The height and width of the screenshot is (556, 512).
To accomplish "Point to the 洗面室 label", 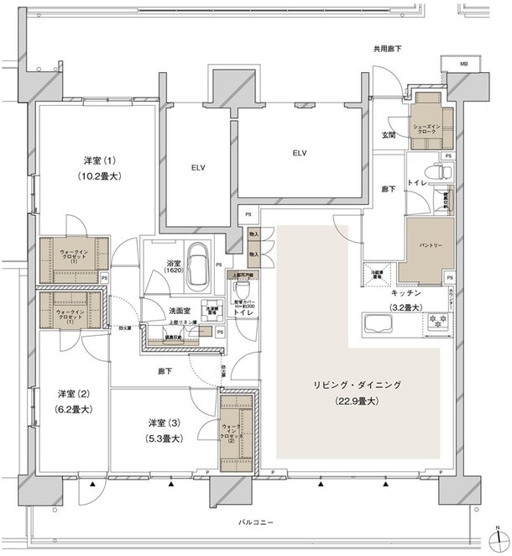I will point(158,311).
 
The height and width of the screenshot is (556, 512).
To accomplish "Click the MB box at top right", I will point(463,65).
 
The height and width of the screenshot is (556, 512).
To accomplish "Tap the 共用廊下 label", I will point(387,50).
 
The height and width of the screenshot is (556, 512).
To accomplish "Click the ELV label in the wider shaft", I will point(300,153).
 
